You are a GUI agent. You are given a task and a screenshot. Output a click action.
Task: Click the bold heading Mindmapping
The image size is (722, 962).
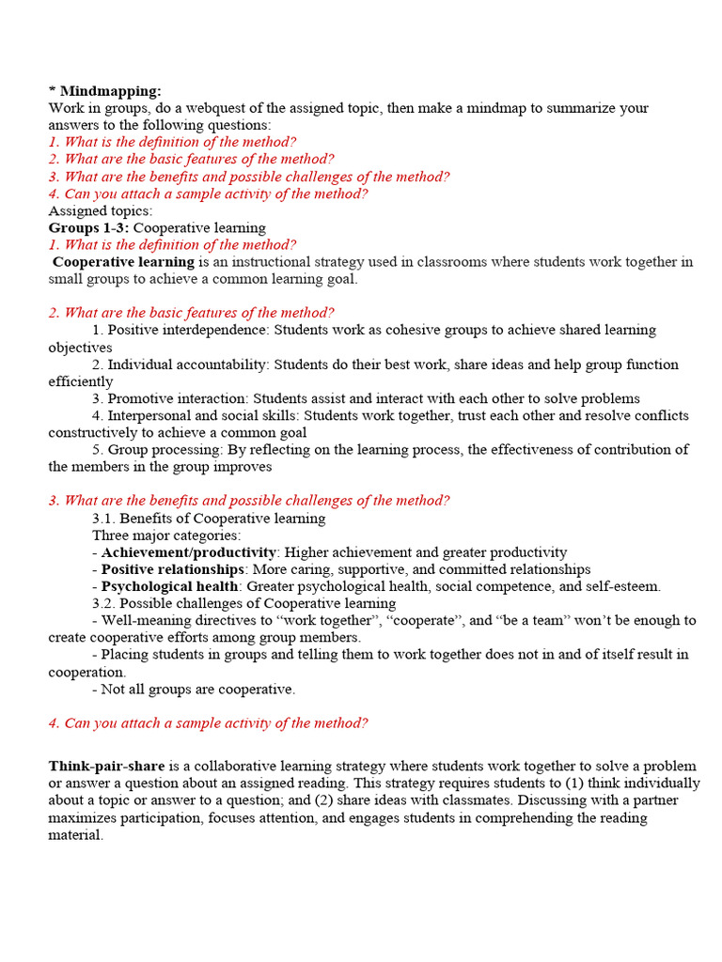pyautogui.click(x=110, y=91)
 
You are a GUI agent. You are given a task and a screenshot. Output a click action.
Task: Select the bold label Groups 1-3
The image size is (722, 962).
pyautogui.click(x=89, y=227)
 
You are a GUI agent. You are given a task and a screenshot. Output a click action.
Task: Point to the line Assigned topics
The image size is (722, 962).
pyautogui.click(x=101, y=210)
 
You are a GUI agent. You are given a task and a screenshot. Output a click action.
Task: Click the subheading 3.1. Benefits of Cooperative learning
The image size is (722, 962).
pyautogui.click(x=209, y=518)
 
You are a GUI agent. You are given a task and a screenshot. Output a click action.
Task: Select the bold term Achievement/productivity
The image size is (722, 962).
pyautogui.click(x=189, y=552)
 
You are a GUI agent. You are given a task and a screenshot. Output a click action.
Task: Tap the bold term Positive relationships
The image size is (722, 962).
pyautogui.click(x=172, y=569)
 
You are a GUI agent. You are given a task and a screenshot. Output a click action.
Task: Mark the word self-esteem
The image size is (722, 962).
pyautogui.click(x=626, y=586)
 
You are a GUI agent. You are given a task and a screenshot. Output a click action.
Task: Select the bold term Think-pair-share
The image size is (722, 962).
pyautogui.click(x=106, y=766)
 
